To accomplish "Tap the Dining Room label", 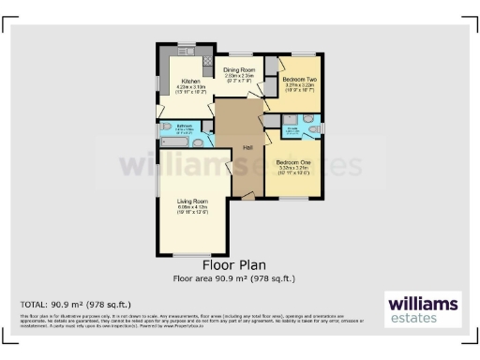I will tap(237, 70).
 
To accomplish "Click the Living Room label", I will tap(193, 202).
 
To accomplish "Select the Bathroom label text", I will tap(184, 125).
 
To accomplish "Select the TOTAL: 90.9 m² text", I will tap(76, 305).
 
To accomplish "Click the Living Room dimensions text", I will tap(193, 212).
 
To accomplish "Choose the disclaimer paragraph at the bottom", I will tap(187, 322).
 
